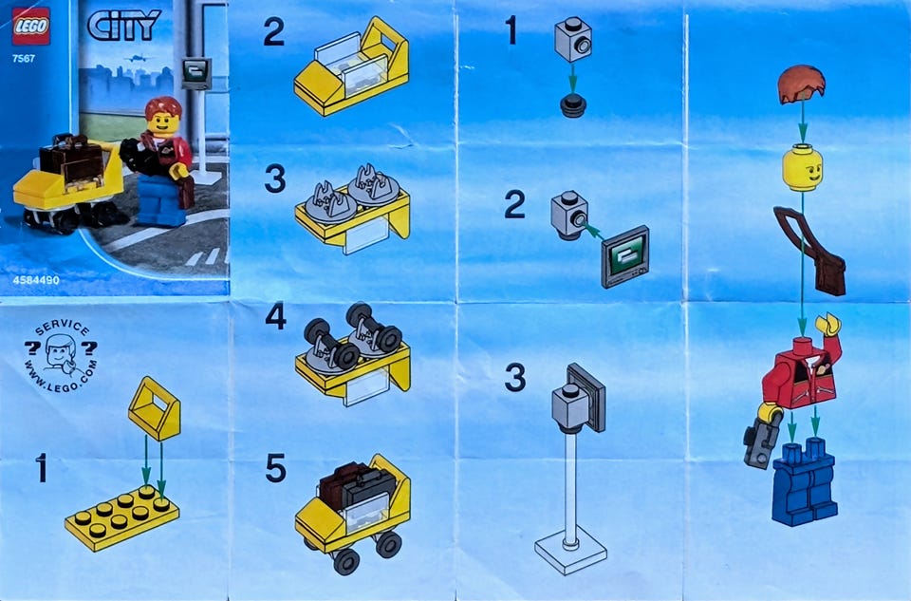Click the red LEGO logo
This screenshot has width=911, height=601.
pos(30,27)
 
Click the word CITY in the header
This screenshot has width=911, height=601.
pos(123,27)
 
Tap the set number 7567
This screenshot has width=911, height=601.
pos(24,58)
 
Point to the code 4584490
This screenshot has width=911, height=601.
pos(36,280)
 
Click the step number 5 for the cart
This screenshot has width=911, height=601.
pos(275,468)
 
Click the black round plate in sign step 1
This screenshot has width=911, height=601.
pos(573,107)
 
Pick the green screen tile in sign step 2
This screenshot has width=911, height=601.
pos(625,256)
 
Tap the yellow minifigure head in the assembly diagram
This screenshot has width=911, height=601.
pos(803,167)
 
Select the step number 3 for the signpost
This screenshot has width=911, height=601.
pos(514,377)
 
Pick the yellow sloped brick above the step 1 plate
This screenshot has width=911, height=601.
pos(154,408)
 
